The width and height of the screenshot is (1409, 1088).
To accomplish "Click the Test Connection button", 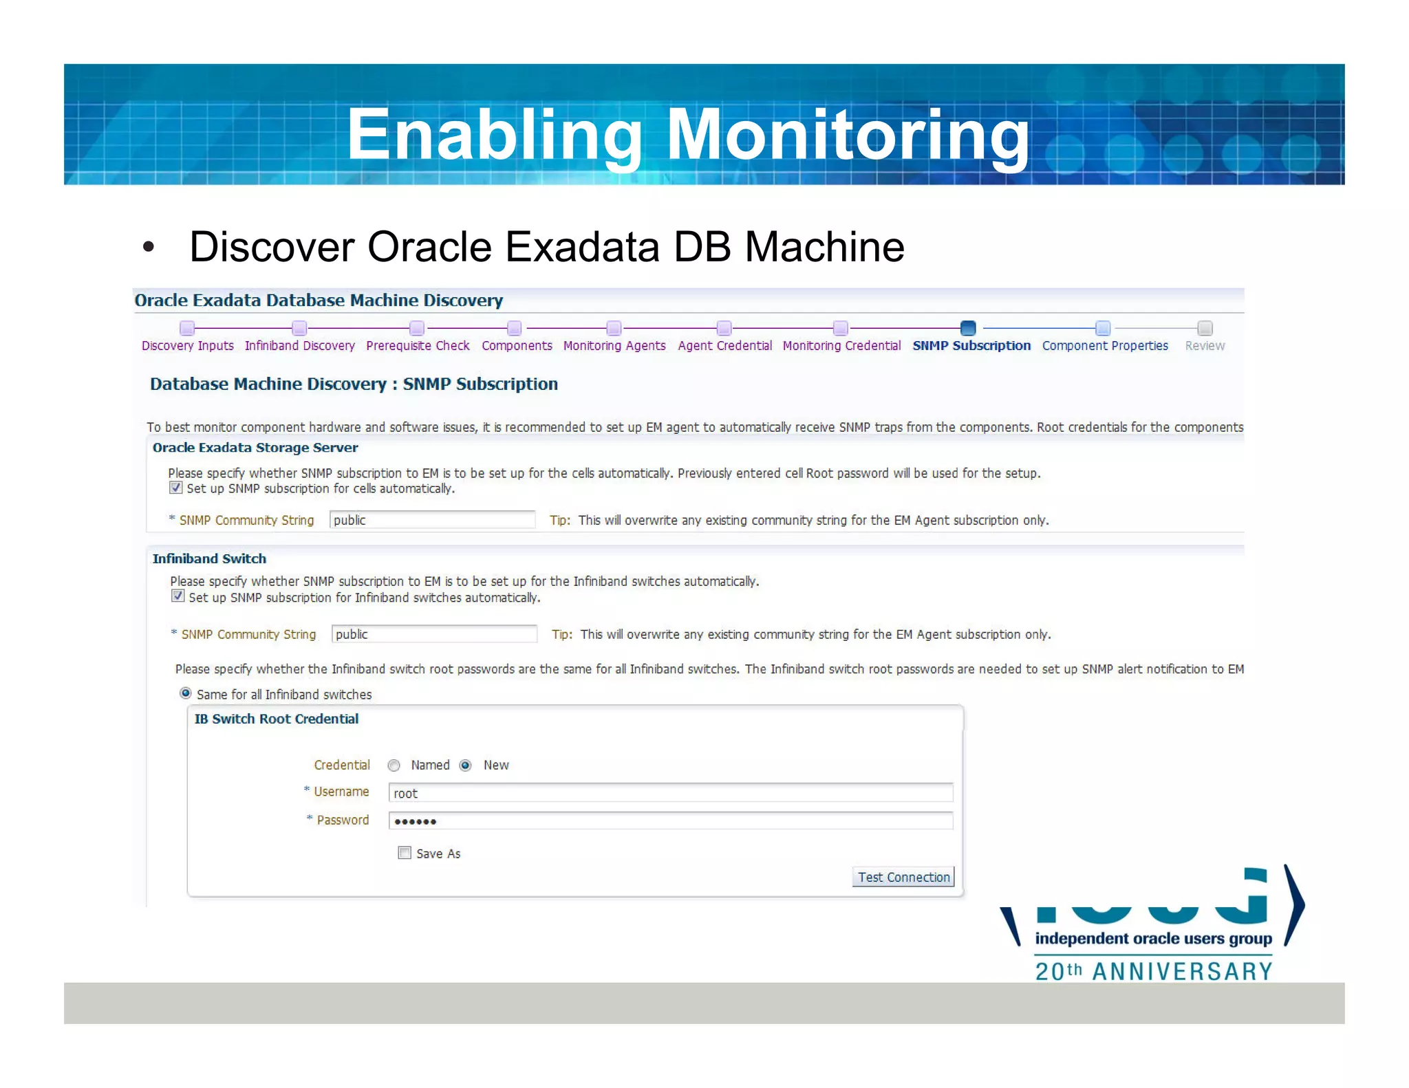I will pos(903,877).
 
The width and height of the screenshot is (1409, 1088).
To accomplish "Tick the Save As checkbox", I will pos(405,853).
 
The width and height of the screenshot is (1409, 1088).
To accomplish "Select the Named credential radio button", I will pos(394,765).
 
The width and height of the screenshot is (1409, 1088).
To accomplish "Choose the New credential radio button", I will pos(466,765).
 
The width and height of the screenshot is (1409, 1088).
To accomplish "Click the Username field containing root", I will pos(670,793).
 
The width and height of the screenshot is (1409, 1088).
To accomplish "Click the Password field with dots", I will pos(670,820).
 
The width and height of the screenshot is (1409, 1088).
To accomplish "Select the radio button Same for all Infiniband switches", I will pos(186,693).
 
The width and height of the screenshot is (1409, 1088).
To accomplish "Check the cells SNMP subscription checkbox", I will pos(176,488).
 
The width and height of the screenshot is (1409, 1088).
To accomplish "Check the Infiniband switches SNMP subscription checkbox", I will pos(178,596).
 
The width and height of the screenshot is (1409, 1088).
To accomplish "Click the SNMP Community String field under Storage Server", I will pos(432,520).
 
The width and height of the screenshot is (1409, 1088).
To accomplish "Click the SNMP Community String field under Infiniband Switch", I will pos(434,634).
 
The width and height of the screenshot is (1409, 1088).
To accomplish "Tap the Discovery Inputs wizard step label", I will pos(187,345).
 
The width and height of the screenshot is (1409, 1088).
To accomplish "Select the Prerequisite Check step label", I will pos(418,345).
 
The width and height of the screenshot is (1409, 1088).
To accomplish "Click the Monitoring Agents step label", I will pos(614,345).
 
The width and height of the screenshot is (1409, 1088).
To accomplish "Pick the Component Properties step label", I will pos(1105,345).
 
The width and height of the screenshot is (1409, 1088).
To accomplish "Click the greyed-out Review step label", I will pos(1205,345).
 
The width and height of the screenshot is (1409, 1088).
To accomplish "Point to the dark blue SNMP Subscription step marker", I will pos(968,328).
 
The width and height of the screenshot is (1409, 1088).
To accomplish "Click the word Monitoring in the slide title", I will pos(848,135).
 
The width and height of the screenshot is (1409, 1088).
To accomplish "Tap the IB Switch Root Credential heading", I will pos(276,719).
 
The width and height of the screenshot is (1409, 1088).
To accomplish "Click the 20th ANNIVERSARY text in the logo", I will pos(1154,971).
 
